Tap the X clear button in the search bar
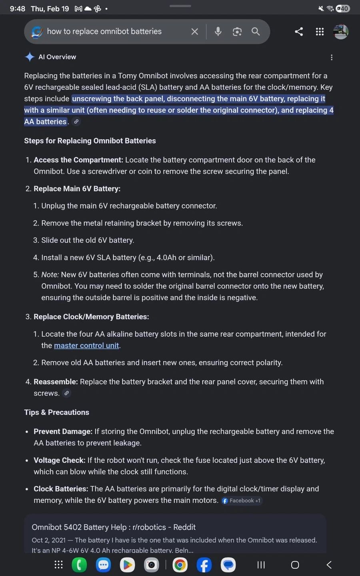pyautogui.click(x=194, y=32)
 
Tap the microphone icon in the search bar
pyautogui.click(x=218, y=32)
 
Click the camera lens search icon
pyautogui.click(x=237, y=32)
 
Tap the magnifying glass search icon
pyautogui.click(x=256, y=32)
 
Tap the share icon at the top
pyautogui.click(x=299, y=32)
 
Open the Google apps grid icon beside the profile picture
pyautogui.click(x=320, y=32)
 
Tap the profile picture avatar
pyautogui.click(x=341, y=32)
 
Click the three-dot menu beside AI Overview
pyautogui.click(x=332, y=57)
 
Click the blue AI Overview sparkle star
pyautogui.click(x=30, y=57)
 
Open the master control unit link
pyautogui.click(x=86, y=345)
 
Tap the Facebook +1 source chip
pyautogui.click(x=242, y=500)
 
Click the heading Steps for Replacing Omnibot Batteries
pyautogui.click(x=90, y=141)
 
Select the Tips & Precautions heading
pyautogui.click(x=57, y=412)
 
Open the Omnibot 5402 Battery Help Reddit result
pyautogui.click(x=114, y=527)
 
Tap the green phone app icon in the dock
pyautogui.click(x=79, y=565)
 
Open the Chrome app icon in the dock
pyautogui.click(x=180, y=565)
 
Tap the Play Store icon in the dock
pyautogui.click(x=127, y=565)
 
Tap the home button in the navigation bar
pyautogui.click(x=295, y=565)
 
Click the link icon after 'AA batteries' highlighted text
pyautogui.click(x=76, y=122)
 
